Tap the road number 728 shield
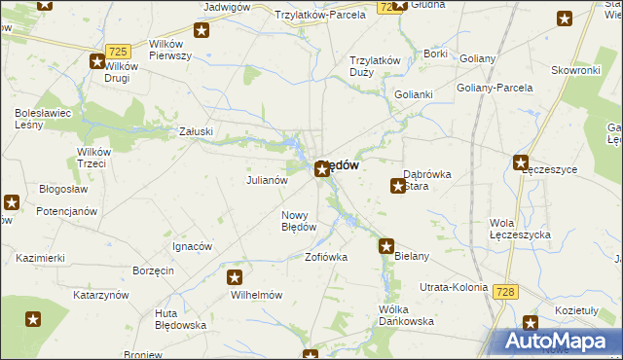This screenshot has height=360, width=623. coord(504,292)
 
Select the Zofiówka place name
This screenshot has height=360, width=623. coord(326,258)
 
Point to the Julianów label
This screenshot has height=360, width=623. coord(267,180)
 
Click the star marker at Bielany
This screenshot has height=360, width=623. coord(386,246)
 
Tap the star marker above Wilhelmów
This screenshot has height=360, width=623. coord(235,277)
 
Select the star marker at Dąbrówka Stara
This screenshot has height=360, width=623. coord(398,185)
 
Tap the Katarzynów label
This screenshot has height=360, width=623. coord(101,294)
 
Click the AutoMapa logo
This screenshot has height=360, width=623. coord(559,341)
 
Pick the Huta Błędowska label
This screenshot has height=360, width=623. coord(180,319)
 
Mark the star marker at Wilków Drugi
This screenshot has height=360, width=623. coord(98,61)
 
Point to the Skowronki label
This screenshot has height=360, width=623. coord(574,70)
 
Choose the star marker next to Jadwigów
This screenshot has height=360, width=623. coord(202,30)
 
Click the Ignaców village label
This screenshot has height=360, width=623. coord(192,246)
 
